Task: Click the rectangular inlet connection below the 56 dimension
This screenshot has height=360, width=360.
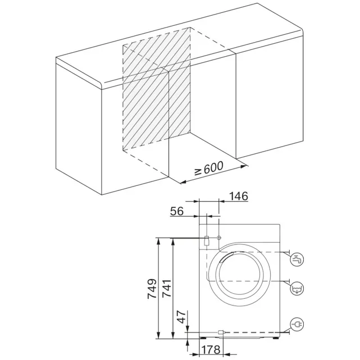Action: tap(207, 240)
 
